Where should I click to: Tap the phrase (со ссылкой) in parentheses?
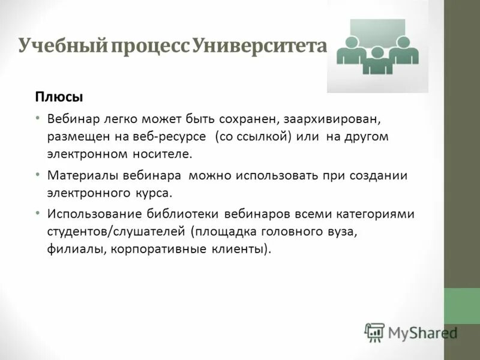pos(253,136)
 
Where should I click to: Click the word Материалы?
pos(76,175)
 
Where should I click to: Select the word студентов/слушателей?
pos(117,231)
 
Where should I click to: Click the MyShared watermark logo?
pos(412,332)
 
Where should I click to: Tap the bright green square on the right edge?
pos(461,306)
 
